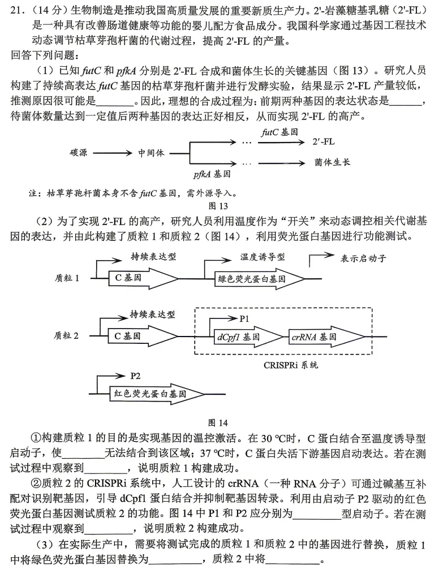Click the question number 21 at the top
[17, 10]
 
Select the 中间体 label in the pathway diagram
[151, 153]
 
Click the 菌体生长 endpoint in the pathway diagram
[333, 162]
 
